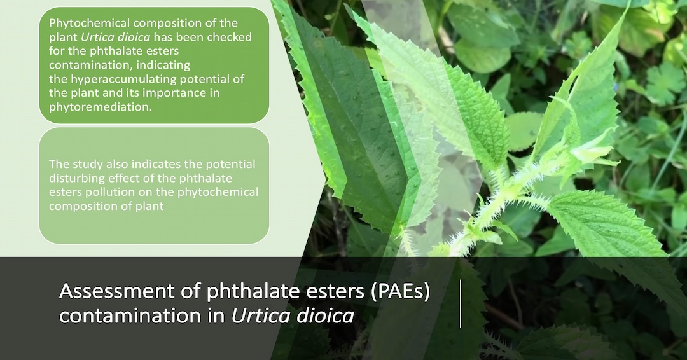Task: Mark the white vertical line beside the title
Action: [x=461, y=304]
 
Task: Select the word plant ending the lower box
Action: [x=149, y=206]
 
